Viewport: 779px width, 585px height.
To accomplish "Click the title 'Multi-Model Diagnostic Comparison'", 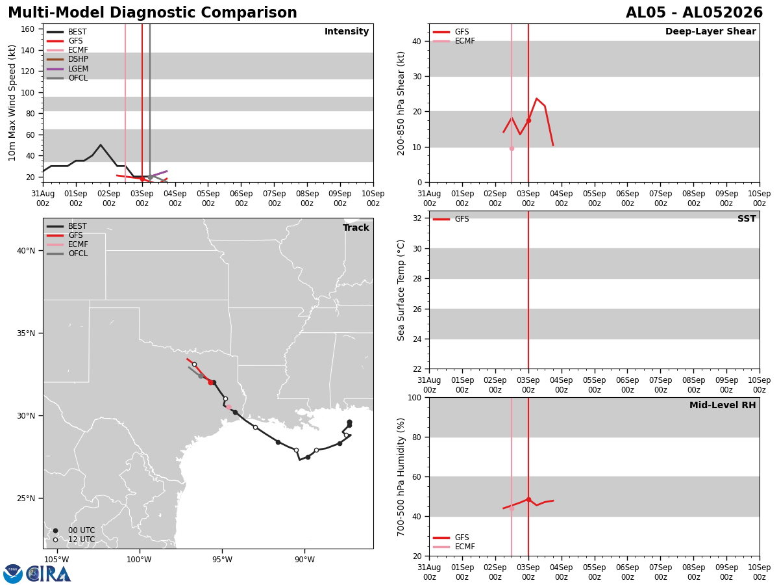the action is click(x=153, y=13).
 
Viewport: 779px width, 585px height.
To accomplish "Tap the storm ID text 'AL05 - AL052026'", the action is click(x=694, y=13).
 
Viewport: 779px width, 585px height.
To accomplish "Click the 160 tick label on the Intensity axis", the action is click(x=27, y=29).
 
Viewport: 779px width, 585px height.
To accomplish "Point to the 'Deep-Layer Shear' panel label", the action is click(x=710, y=31).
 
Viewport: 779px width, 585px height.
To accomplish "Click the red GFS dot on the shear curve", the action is click(x=528, y=121).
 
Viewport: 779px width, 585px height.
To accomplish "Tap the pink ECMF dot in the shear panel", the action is click(x=512, y=148).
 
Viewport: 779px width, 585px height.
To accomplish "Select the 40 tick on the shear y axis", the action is click(x=417, y=42).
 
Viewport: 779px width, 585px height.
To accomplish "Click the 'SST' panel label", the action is click(x=747, y=218).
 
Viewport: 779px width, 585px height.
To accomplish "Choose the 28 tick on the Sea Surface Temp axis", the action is click(x=417, y=279).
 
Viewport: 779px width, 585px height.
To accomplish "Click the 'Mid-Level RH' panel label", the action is click(x=723, y=405).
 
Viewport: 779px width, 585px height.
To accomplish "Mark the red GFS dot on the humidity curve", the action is click(x=528, y=499).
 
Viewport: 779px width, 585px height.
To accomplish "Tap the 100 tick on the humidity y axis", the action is click(x=415, y=397).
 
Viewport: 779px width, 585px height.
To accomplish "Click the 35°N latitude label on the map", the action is click(x=26, y=333).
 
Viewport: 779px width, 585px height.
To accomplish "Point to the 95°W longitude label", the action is click(x=222, y=560).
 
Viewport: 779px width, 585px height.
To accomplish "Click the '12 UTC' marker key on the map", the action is click(x=75, y=539).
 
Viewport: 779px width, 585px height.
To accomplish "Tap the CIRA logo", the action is click(x=36, y=574).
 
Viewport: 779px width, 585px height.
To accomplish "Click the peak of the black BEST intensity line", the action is click(x=101, y=145).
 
